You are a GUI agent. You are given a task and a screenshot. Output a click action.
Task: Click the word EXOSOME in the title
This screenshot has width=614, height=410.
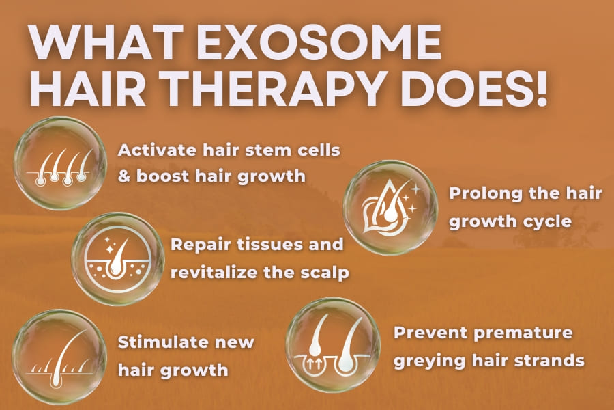click(x=319, y=42)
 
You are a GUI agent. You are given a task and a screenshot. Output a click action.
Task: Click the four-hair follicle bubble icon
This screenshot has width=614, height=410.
click(x=60, y=163)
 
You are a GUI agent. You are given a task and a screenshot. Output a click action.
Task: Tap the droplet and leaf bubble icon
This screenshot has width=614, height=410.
click(x=390, y=208)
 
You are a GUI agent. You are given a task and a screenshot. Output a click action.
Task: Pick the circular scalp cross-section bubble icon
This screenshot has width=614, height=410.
click(x=118, y=259)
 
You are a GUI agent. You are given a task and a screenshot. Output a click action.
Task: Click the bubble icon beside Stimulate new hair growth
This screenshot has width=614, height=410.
click(x=59, y=357)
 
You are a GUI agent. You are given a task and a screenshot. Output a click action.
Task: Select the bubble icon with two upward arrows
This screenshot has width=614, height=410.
click(x=333, y=345)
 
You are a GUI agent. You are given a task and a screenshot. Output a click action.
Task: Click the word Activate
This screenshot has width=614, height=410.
click(x=157, y=150)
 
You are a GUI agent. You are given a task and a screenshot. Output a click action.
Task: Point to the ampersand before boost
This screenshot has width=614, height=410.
click(x=124, y=176)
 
